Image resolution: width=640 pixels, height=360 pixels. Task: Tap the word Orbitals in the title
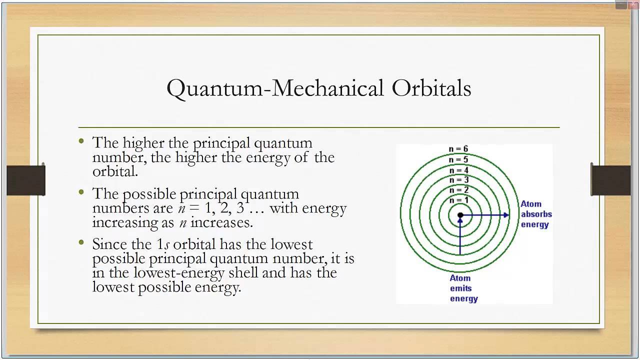(x=431, y=87)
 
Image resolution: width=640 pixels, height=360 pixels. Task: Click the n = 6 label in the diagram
(x=458, y=149)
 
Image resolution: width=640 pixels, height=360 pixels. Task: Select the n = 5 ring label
(x=458, y=159)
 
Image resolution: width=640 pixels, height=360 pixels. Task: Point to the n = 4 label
(x=459, y=170)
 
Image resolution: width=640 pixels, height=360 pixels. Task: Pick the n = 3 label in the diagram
(x=459, y=180)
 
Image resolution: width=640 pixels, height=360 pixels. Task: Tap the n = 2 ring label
(x=459, y=190)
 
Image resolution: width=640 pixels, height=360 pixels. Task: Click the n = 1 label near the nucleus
(x=459, y=200)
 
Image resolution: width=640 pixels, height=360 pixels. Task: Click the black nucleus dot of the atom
(x=460, y=215)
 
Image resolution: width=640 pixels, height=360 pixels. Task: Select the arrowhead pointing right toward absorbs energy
(x=506, y=215)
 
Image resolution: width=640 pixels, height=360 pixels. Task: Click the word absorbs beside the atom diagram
(x=536, y=214)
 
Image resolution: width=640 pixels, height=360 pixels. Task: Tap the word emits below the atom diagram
(x=461, y=288)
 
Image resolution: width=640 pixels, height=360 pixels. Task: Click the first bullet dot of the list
(x=81, y=141)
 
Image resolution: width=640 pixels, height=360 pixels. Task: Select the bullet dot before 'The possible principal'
(x=81, y=192)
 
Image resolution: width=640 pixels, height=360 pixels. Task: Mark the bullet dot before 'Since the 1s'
(x=81, y=242)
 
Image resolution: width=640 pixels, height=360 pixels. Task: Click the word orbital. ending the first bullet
(x=115, y=171)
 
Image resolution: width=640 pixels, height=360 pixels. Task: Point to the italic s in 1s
(x=167, y=245)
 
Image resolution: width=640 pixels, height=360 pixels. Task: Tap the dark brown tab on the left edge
(x=26, y=180)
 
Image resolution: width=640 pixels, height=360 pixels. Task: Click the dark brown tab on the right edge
(x=611, y=180)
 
